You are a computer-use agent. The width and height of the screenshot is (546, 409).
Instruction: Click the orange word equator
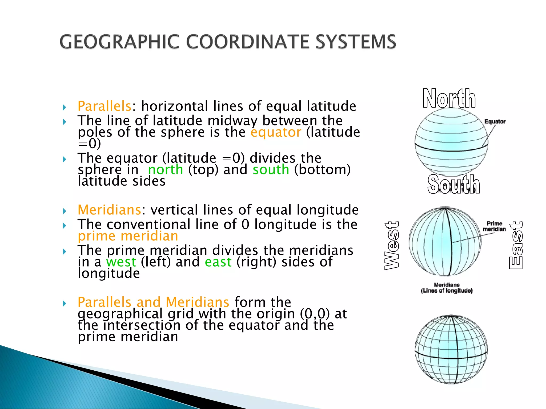[276, 132]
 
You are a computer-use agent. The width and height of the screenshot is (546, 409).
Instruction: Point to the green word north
[166, 170]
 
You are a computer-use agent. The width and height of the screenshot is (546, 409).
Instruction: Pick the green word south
[271, 170]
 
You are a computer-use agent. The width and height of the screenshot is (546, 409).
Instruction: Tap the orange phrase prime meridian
[128, 236]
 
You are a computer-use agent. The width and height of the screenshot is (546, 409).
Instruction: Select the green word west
[121, 262]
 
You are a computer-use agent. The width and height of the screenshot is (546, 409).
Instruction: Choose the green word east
[218, 262]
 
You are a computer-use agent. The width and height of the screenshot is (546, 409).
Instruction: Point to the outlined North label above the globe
[449, 99]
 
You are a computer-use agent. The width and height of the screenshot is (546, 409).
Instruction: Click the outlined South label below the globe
[453, 184]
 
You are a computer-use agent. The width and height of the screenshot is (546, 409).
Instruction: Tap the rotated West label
[392, 245]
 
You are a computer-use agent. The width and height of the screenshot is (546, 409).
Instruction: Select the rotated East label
[516, 245]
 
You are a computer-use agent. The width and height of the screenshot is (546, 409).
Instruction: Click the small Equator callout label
[495, 122]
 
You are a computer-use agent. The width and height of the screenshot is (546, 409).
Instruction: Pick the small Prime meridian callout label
[494, 226]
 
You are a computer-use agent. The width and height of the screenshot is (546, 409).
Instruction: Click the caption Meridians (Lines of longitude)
[447, 288]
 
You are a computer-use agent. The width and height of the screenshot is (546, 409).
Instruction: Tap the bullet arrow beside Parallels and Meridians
[64, 303]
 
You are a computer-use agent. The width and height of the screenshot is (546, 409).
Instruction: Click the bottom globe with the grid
[451, 349]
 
